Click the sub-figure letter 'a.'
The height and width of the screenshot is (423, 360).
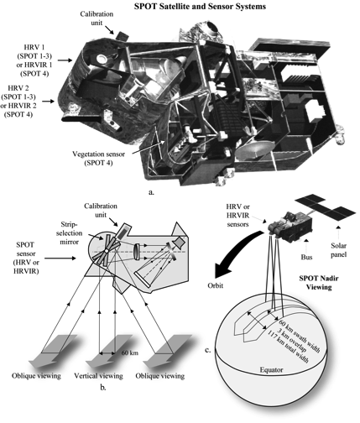coord(175,191)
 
